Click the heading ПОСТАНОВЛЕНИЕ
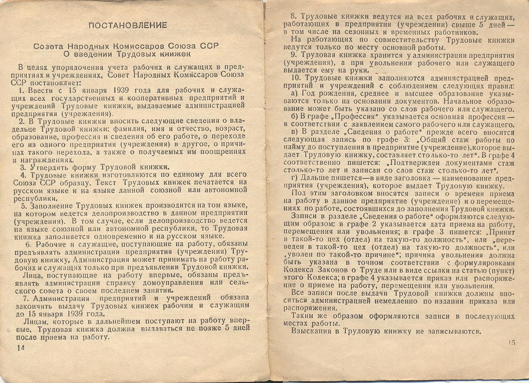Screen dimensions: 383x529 (x=127, y=25)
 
